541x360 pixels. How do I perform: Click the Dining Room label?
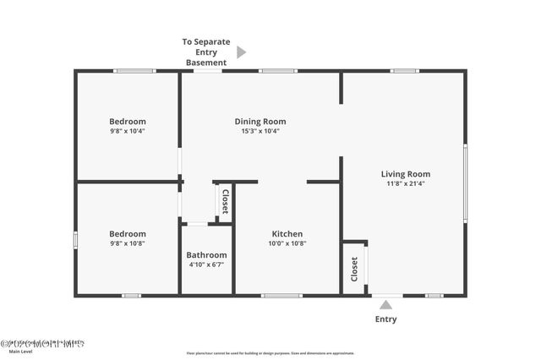pyautogui.click(x=260, y=121)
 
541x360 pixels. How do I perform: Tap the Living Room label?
pyautogui.click(x=406, y=174)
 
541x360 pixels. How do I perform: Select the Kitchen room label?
pyautogui.click(x=287, y=234)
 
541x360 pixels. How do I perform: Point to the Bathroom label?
pyautogui.click(x=206, y=254)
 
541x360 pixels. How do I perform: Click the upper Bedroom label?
pyautogui.click(x=128, y=121)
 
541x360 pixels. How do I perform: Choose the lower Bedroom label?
pyautogui.click(x=128, y=233)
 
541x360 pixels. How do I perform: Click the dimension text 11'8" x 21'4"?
pyautogui.click(x=406, y=183)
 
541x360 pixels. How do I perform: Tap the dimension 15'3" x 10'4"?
pyautogui.click(x=260, y=131)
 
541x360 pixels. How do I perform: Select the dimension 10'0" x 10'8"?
pyautogui.click(x=287, y=243)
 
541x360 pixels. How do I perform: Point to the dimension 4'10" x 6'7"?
pyautogui.click(x=206, y=265)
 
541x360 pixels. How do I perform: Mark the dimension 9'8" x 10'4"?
pyautogui.click(x=128, y=131)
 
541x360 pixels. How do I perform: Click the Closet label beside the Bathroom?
pyautogui.click(x=225, y=203)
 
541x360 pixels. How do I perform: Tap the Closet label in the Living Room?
pyautogui.click(x=354, y=269)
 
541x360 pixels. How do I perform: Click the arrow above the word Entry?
pyautogui.click(x=386, y=305)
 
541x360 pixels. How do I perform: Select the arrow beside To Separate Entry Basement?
pyautogui.click(x=241, y=52)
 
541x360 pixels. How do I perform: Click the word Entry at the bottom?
pyautogui.click(x=386, y=319)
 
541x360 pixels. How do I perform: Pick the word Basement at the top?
pyautogui.click(x=206, y=63)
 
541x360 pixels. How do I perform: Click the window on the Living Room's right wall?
pyautogui.click(x=465, y=183)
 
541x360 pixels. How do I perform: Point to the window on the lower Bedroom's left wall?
pyautogui.click(x=75, y=240)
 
